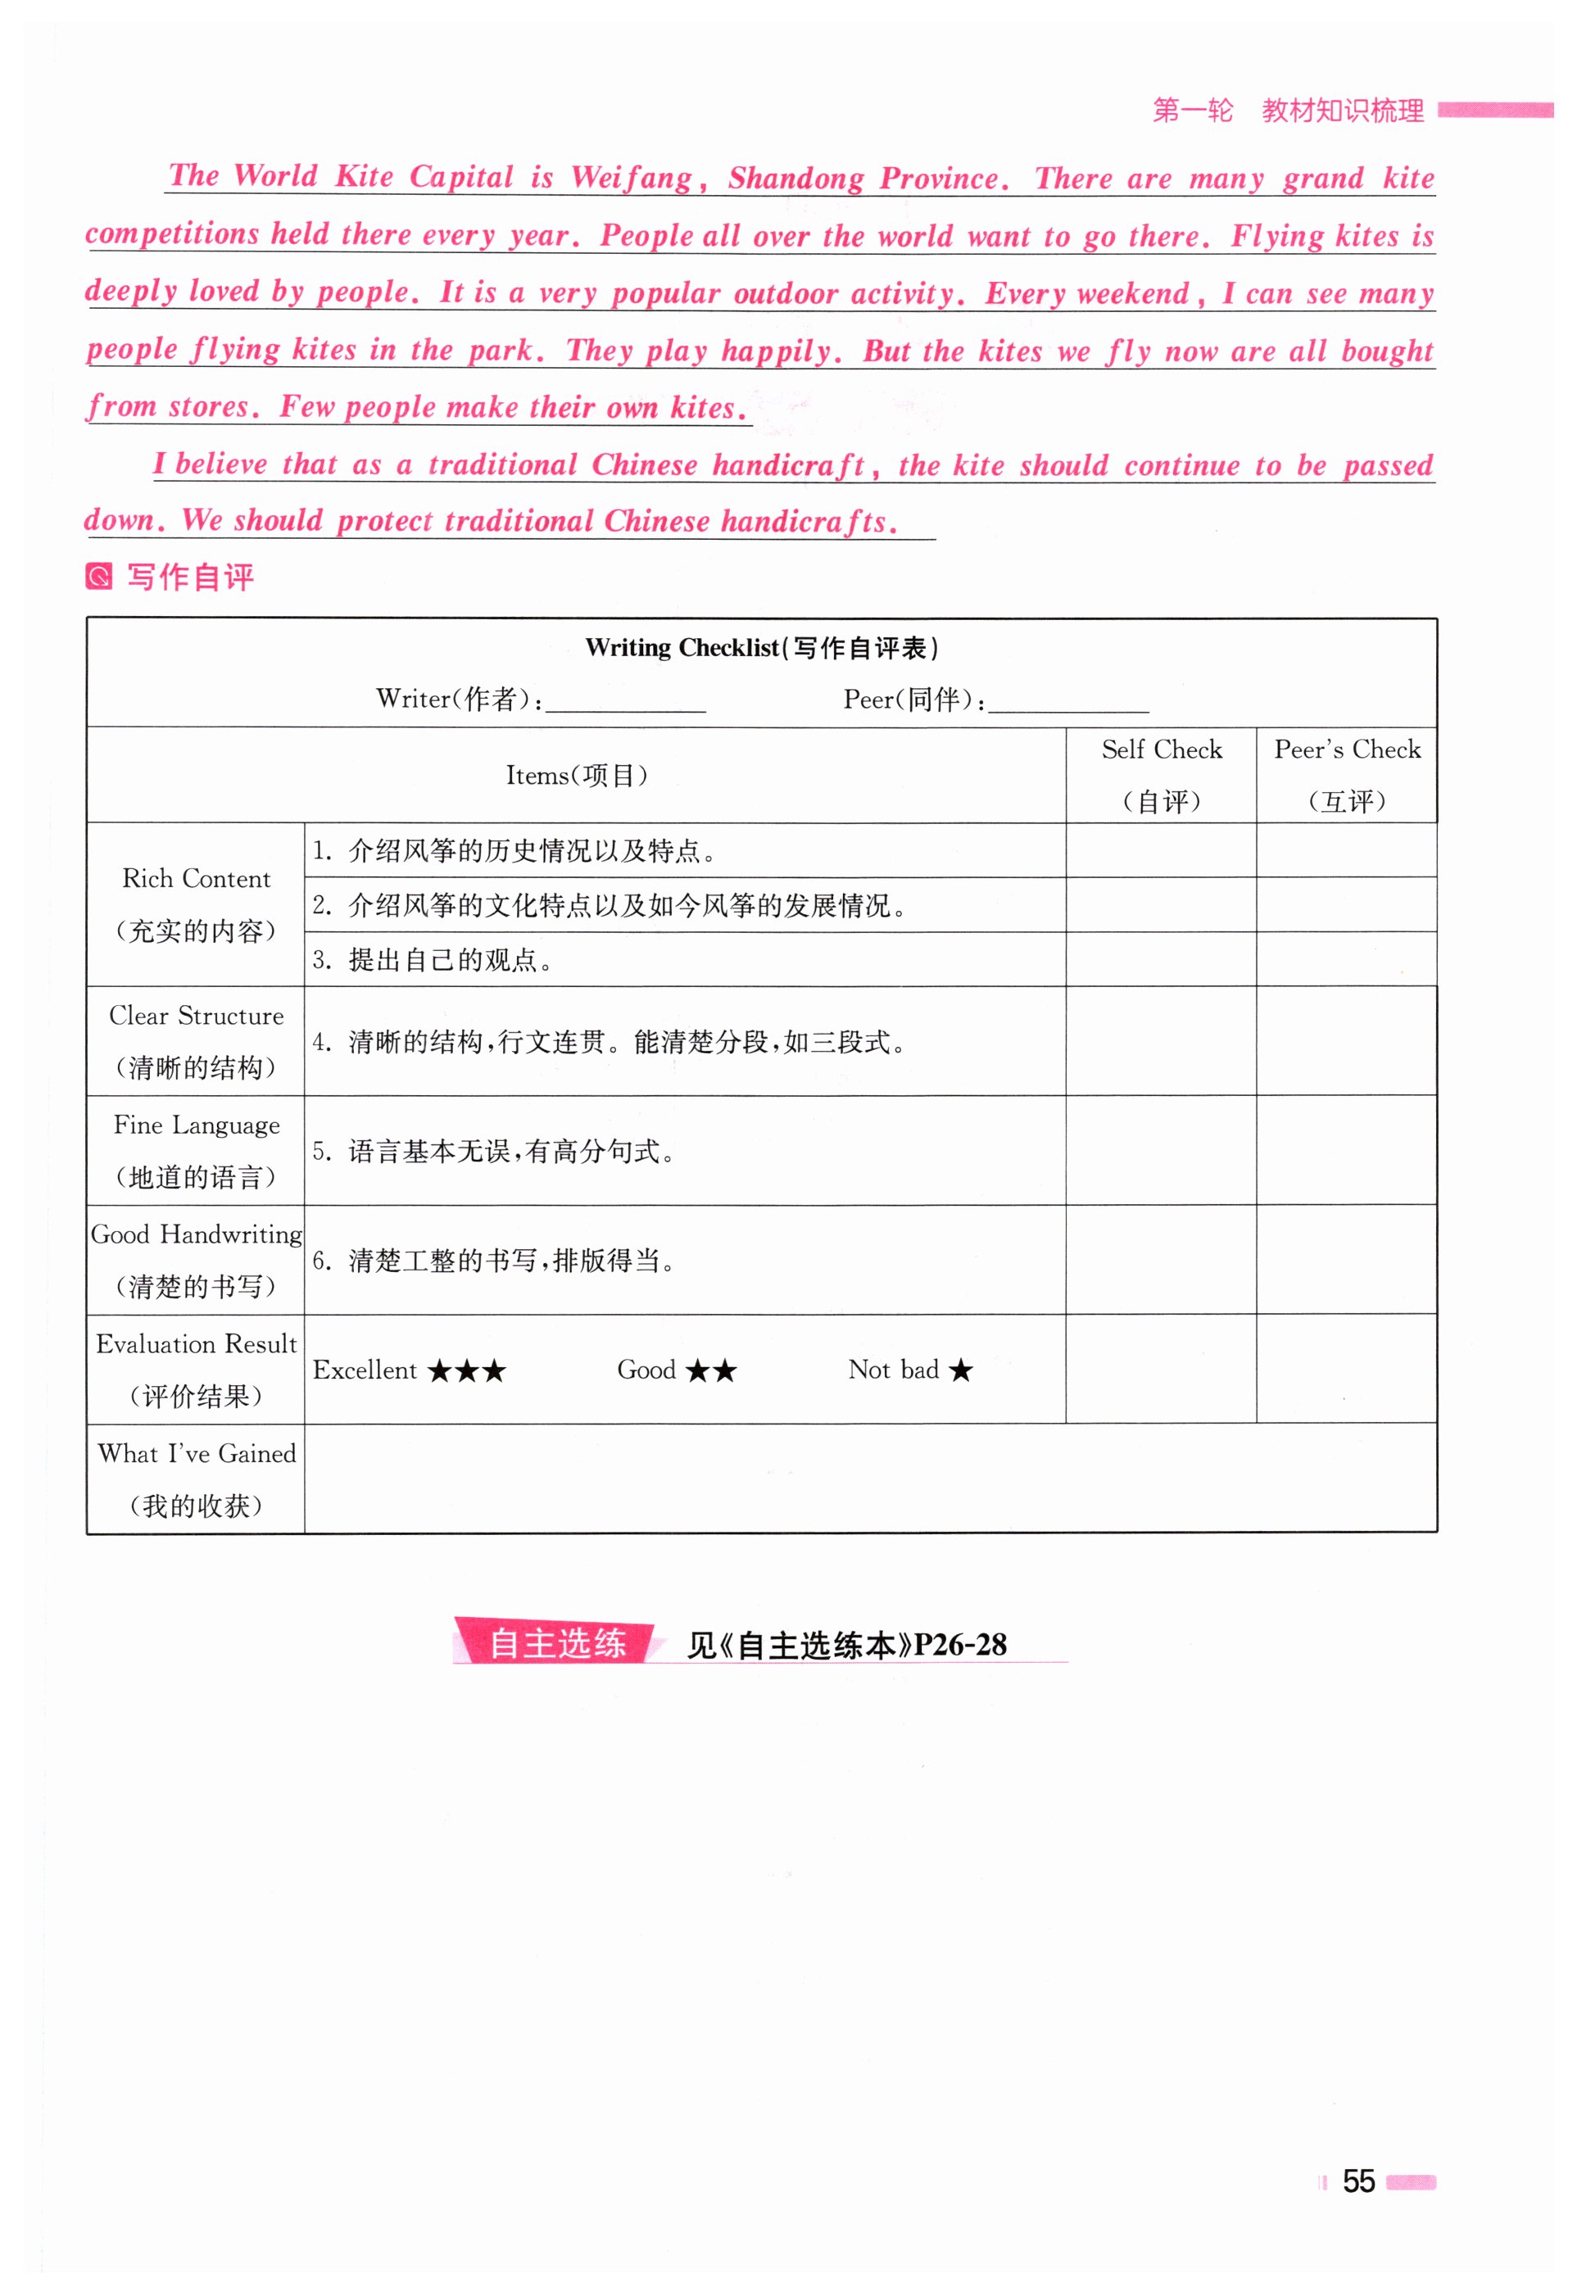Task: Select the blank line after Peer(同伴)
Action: [1068, 703]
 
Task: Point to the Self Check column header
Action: [1161, 775]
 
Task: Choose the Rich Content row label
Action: [196, 904]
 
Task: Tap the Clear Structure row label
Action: [196, 1040]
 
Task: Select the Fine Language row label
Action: [196, 1150]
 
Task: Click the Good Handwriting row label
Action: [196, 1260]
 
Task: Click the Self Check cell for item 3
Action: [1161, 959]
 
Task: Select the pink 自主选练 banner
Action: [555, 1643]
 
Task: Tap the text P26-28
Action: [959, 1644]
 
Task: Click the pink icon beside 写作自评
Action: [100, 576]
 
